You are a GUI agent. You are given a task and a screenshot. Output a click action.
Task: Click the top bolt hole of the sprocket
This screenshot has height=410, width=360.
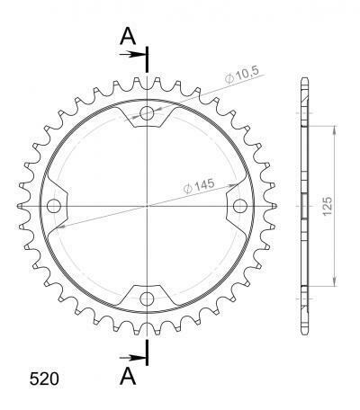point(148,113)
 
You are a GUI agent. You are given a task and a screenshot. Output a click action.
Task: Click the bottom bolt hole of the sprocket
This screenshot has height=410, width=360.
point(148,299)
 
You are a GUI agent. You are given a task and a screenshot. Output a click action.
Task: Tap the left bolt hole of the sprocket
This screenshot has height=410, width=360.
point(54,206)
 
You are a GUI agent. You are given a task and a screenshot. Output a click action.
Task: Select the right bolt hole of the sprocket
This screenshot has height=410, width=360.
point(240,206)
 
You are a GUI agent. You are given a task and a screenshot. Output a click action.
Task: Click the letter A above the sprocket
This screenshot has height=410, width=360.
point(129,36)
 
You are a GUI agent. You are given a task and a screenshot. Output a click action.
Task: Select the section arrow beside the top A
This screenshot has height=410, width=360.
point(133,55)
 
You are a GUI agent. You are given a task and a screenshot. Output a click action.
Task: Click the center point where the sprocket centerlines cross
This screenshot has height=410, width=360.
point(148,206)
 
